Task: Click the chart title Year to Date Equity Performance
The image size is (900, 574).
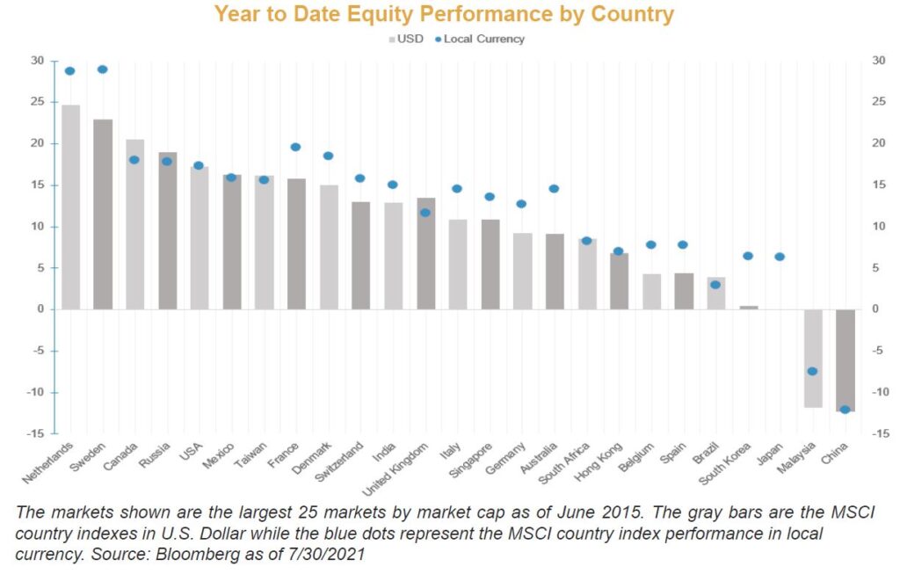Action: (444, 14)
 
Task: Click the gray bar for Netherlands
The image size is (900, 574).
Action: (70, 207)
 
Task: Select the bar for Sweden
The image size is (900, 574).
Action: (103, 214)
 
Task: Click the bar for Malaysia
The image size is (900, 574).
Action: (813, 358)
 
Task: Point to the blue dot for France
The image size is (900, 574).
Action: (295, 147)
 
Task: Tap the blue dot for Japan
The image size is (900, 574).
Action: (780, 257)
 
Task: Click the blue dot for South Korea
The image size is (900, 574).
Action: (747, 256)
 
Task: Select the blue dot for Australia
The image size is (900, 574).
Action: (554, 189)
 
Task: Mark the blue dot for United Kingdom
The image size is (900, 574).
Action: (425, 213)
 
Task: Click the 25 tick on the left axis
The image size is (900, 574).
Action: (38, 102)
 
